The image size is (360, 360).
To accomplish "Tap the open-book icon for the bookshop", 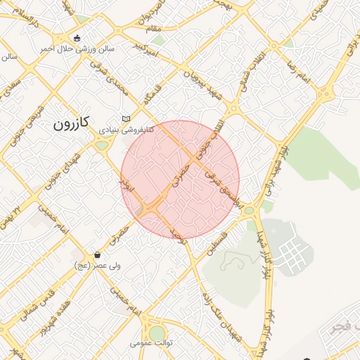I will point(126,119).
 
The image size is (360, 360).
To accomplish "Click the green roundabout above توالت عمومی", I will point(157,332).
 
